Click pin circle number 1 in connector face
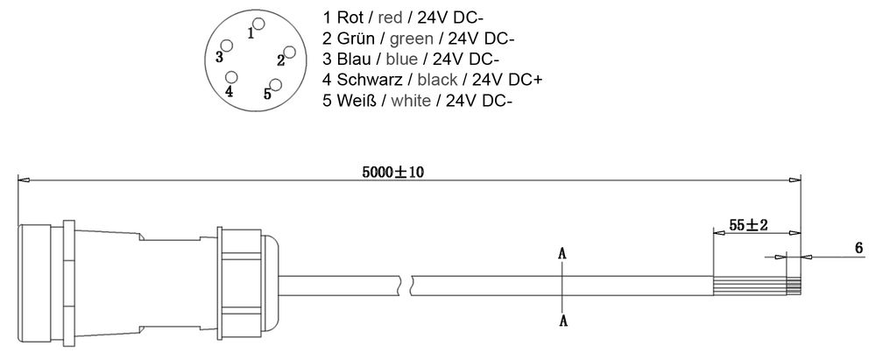tap(257, 23)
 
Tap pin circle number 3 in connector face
tap(227, 46)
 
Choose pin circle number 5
tap(276, 84)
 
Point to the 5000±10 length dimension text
tap(392, 173)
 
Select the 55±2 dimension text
tap(748, 225)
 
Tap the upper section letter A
tap(564, 253)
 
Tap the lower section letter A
tap(564, 321)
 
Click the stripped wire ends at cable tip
tap(794, 286)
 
